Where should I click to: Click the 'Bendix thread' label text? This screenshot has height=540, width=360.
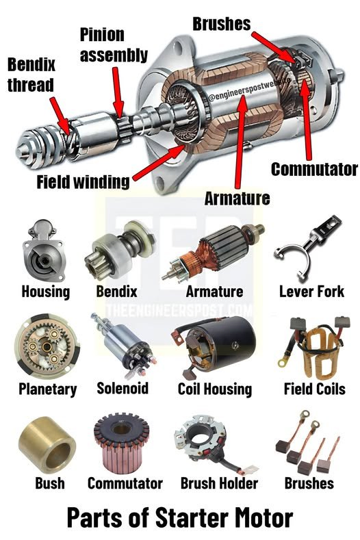pos(31,75)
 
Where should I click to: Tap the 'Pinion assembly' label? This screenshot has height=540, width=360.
pos(114,45)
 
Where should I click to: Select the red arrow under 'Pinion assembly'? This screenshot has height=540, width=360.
pos(118,92)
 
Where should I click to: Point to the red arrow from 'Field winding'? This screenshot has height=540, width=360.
pos(158,163)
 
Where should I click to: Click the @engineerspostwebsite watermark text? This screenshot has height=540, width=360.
pos(249,89)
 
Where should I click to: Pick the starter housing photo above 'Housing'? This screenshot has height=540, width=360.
pos(43,250)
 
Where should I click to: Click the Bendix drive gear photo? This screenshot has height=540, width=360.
pos(119,249)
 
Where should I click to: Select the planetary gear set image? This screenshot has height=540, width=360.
pos(47,346)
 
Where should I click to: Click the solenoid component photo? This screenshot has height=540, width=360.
pos(124,346)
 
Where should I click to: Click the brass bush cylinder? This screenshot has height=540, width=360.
pos(47,445)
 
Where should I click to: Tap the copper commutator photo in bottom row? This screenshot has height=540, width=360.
pos(121,443)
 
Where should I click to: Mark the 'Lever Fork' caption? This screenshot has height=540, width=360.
pos(311,292)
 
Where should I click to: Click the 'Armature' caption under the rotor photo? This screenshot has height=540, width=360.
pos(214,292)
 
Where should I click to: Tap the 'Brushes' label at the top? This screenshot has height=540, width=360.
pos(222,24)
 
